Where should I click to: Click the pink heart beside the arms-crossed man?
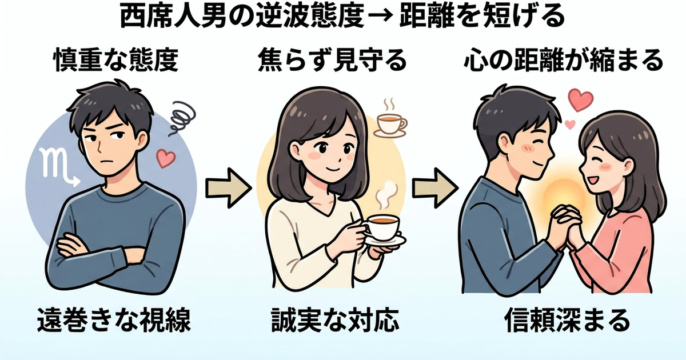point(165,158)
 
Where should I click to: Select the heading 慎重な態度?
point(116,60)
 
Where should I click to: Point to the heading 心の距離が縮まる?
point(563,60)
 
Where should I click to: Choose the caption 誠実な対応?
point(334,323)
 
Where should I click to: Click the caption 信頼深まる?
point(567,323)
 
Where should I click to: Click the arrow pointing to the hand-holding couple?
point(435,186)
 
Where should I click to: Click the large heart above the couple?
point(581,101)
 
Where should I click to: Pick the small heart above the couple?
point(569,124)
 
